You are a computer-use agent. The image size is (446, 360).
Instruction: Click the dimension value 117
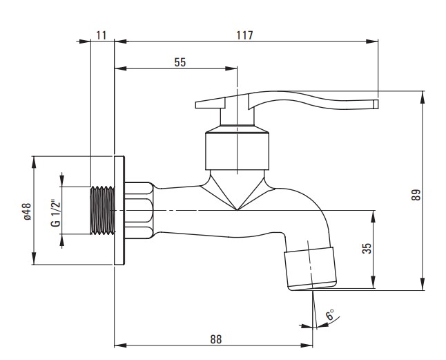244,35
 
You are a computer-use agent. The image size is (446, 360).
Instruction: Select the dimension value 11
101,35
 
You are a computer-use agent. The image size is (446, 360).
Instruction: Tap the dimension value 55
180,62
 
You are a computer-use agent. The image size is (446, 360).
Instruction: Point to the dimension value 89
416,195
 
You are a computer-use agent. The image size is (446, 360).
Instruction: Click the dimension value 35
367,249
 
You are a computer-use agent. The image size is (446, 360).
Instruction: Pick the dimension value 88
216,339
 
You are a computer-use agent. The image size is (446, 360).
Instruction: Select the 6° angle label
330,314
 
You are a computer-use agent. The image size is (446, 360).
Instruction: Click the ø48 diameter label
28,211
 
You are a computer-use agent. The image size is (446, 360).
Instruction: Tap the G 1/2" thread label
56,214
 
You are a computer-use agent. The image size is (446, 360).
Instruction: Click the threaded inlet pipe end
103,211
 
